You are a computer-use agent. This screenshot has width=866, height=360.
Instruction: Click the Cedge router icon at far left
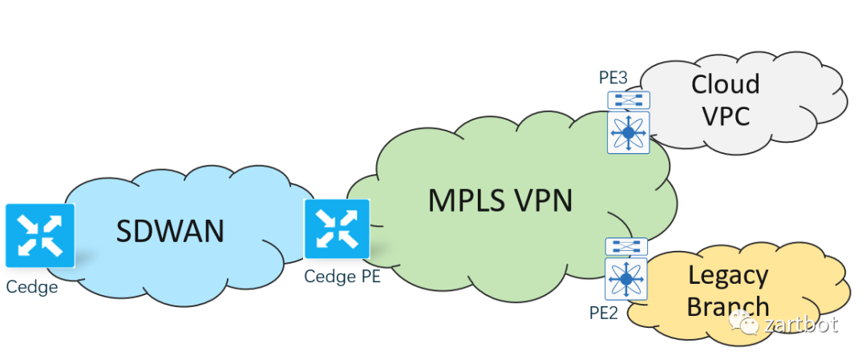click(40, 235)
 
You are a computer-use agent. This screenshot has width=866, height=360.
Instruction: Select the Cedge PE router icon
click(337, 229)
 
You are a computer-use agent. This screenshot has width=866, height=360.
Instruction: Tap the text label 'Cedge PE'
click(342, 277)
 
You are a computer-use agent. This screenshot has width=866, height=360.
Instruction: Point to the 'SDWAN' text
click(170, 231)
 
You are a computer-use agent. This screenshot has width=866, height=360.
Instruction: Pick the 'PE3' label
click(613, 78)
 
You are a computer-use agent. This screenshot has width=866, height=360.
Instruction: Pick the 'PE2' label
click(604, 312)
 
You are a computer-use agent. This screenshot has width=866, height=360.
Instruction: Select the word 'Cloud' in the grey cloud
click(725, 83)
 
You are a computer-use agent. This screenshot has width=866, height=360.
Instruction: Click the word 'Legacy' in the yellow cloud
click(728, 275)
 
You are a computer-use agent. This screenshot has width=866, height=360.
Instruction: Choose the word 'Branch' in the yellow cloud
click(728, 306)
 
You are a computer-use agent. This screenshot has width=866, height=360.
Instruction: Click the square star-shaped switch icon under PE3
click(629, 132)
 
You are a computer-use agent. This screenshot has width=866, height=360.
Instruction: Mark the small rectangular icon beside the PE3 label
click(629, 100)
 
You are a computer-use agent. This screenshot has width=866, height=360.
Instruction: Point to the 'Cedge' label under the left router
click(32, 286)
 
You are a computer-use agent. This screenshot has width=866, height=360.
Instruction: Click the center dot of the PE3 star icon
click(629, 132)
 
